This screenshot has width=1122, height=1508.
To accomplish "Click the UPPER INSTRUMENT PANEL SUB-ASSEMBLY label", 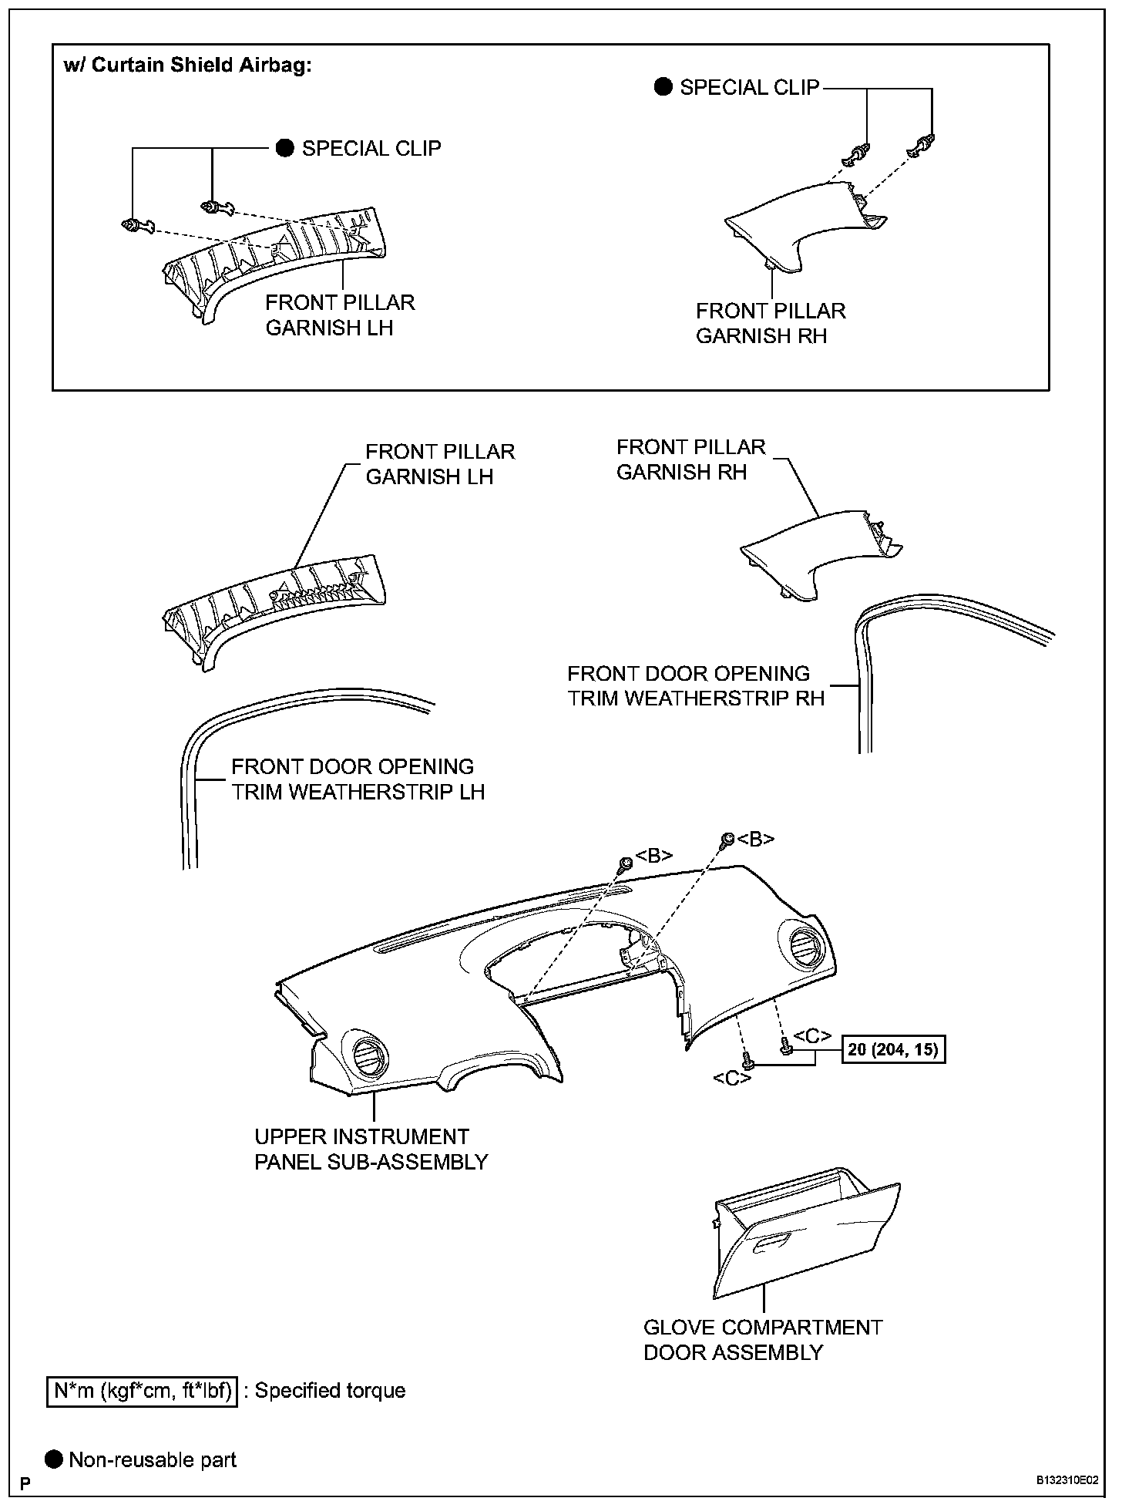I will (371, 1149).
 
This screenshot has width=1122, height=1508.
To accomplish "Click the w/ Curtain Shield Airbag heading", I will (187, 65).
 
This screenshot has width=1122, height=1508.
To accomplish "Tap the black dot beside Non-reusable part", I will (55, 1459).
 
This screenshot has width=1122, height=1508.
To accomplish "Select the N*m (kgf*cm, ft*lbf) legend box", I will (143, 1391).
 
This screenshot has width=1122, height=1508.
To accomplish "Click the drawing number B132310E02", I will (1067, 1481).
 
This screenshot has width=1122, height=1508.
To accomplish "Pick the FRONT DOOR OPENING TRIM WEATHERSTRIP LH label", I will (358, 779).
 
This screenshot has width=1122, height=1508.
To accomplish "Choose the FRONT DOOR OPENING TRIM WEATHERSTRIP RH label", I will (695, 685).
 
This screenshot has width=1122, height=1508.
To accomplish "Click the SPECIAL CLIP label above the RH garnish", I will (748, 87).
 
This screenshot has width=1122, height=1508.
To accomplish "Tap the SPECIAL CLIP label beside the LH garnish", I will (371, 148).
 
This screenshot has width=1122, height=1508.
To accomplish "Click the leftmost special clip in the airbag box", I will (133, 226).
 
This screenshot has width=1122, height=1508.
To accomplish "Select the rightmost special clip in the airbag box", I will (923, 143).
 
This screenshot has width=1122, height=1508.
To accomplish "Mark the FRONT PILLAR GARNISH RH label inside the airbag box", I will (770, 323).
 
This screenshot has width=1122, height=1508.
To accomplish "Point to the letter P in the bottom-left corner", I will (25, 1483).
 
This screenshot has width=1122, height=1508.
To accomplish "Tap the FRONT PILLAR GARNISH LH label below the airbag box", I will (439, 463).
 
